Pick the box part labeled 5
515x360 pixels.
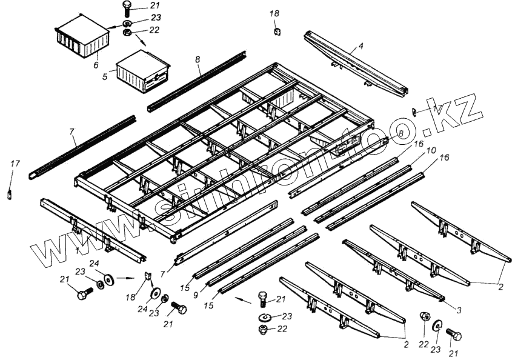click(x=141, y=72)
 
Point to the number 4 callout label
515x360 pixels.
click(x=360, y=45)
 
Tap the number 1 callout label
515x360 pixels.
click(x=78, y=250)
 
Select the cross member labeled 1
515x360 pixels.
click(x=91, y=228)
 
